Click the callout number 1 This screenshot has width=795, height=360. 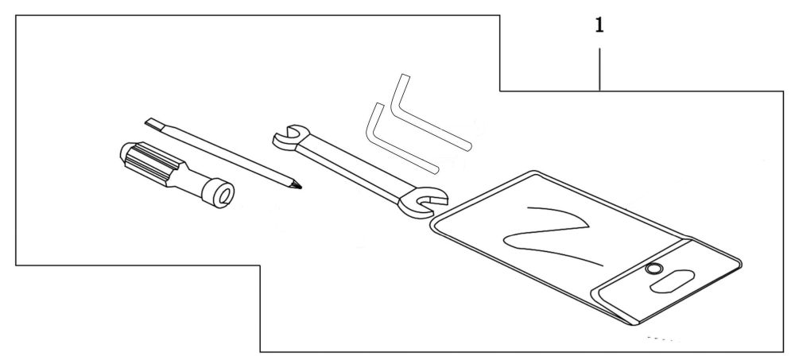click(x=599, y=26)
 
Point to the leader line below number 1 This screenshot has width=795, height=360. click(x=599, y=67)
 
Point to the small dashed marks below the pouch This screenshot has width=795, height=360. click(x=661, y=339)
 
